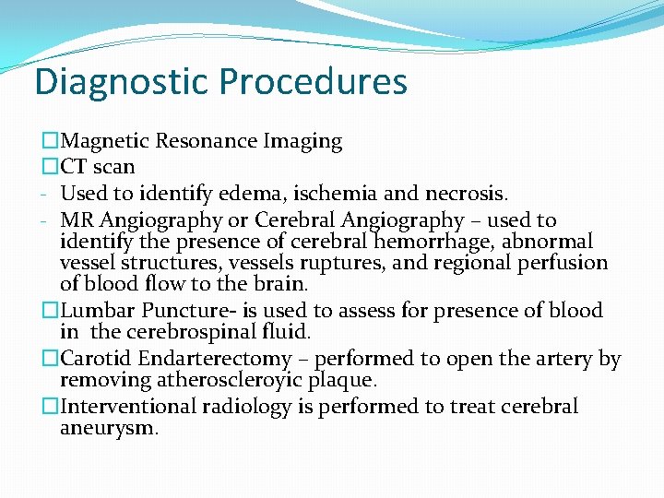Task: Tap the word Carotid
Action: pos(96,359)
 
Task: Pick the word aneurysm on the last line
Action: pos(109,428)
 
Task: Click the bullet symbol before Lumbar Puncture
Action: pos(50,311)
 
